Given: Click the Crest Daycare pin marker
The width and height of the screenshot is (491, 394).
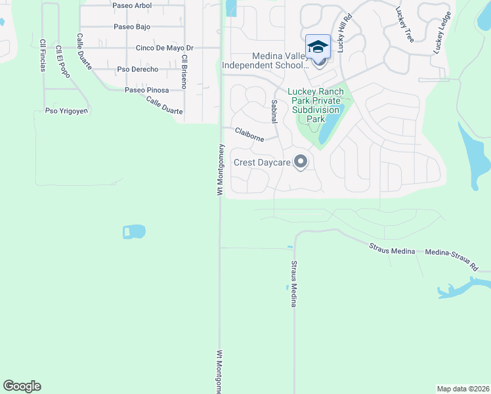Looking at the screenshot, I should click(x=301, y=162).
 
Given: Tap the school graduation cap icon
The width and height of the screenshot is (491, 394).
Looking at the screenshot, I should click(x=318, y=47).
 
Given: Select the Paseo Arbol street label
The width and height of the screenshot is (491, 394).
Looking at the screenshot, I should click(x=132, y=6).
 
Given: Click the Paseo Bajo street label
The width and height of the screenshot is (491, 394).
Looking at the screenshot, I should click(x=132, y=27).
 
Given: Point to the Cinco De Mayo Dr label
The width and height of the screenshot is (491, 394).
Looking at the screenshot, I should click(x=165, y=48).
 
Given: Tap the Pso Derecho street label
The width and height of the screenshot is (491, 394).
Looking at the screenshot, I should click(x=137, y=69).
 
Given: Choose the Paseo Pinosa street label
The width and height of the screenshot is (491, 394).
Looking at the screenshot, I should click(x=147, y=90).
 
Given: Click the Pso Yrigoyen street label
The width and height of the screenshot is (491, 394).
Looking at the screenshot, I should click(x=66, y=111).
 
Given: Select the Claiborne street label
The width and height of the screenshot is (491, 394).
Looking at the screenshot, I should click(x=250, y=135).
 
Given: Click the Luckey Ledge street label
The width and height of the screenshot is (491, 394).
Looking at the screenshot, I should click(x=442, y=33).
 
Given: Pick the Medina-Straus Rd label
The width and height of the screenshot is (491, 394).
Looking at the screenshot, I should click(x=452, y=259).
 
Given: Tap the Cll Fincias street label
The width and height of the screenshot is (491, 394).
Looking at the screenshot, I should click(x=43, y=56).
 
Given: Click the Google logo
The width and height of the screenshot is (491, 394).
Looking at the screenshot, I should click(x=22, y=386).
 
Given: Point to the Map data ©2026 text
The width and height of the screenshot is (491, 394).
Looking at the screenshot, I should click(x=463, y=389).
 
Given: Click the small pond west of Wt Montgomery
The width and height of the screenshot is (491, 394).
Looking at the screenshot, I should click(x=134, y=231).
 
